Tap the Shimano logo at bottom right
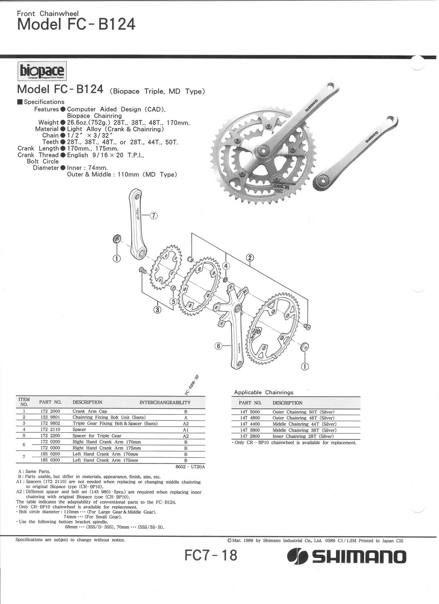(347, 557)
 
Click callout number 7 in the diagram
(153, 216)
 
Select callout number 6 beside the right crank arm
(219, 345)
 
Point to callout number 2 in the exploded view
(250, 258)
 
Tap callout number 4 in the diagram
(226, 265)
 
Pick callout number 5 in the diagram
(173, 301)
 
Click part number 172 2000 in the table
(50, 411)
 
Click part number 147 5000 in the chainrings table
(250, 412)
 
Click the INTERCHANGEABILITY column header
(165, 402)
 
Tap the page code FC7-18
(211, 555)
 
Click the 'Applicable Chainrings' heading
(263, 392)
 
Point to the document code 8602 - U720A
(190, 467)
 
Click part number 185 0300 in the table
(50, 460)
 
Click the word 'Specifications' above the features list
(44, 102)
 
